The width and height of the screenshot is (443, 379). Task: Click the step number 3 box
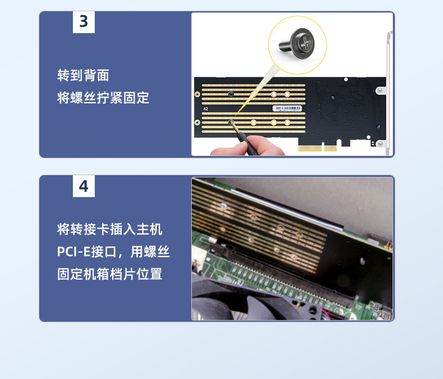click(84, 22)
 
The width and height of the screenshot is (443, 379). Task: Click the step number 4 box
click(84, 186)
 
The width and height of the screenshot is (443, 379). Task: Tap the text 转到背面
click(83, 75)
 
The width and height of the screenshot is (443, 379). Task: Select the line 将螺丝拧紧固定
click(103, 98)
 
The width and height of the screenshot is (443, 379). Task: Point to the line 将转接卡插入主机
click(109, 229)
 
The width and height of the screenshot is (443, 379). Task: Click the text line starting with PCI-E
click(113, 252)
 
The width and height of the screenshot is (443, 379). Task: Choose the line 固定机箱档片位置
click(109, 274)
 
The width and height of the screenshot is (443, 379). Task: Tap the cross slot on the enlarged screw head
click(306, 43)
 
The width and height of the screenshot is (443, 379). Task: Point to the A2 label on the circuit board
click(206, 109)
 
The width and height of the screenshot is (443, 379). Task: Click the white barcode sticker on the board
click(287, 108)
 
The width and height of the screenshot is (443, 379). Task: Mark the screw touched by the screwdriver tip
click(231, 122)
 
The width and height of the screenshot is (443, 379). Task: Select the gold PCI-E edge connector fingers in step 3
click(317, 148)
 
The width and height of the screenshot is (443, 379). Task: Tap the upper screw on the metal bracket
click(380, 90)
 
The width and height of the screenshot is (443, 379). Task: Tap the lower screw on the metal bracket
click(380, 144)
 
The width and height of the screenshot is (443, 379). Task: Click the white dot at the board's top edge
click(346, 80)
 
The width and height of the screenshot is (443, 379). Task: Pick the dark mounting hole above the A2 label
click(231, 94)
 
